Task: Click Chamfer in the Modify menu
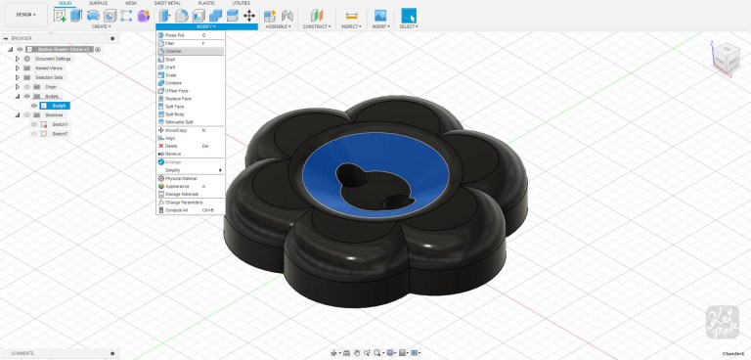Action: tap(174, 51)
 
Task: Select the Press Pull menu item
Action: tap(176, 35)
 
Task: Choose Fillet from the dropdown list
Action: tap(171, 43)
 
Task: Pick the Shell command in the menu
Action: tap(171, 59)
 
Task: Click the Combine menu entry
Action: tap(174, 82)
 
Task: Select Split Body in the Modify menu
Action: tap(175, 113)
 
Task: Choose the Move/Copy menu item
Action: tap(177, 130)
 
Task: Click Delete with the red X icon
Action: tap(172, 146)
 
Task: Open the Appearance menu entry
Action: tap(178, 186)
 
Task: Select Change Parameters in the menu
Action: tap(185, 202)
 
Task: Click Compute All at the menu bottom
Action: tap(178, 209)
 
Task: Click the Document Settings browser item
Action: tap(53, 59)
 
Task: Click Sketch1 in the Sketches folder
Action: tap(60, 124)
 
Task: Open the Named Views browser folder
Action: tap(49, 67)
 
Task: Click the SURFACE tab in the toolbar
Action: tap(99, 3)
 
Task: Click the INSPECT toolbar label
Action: tap(350, 26)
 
